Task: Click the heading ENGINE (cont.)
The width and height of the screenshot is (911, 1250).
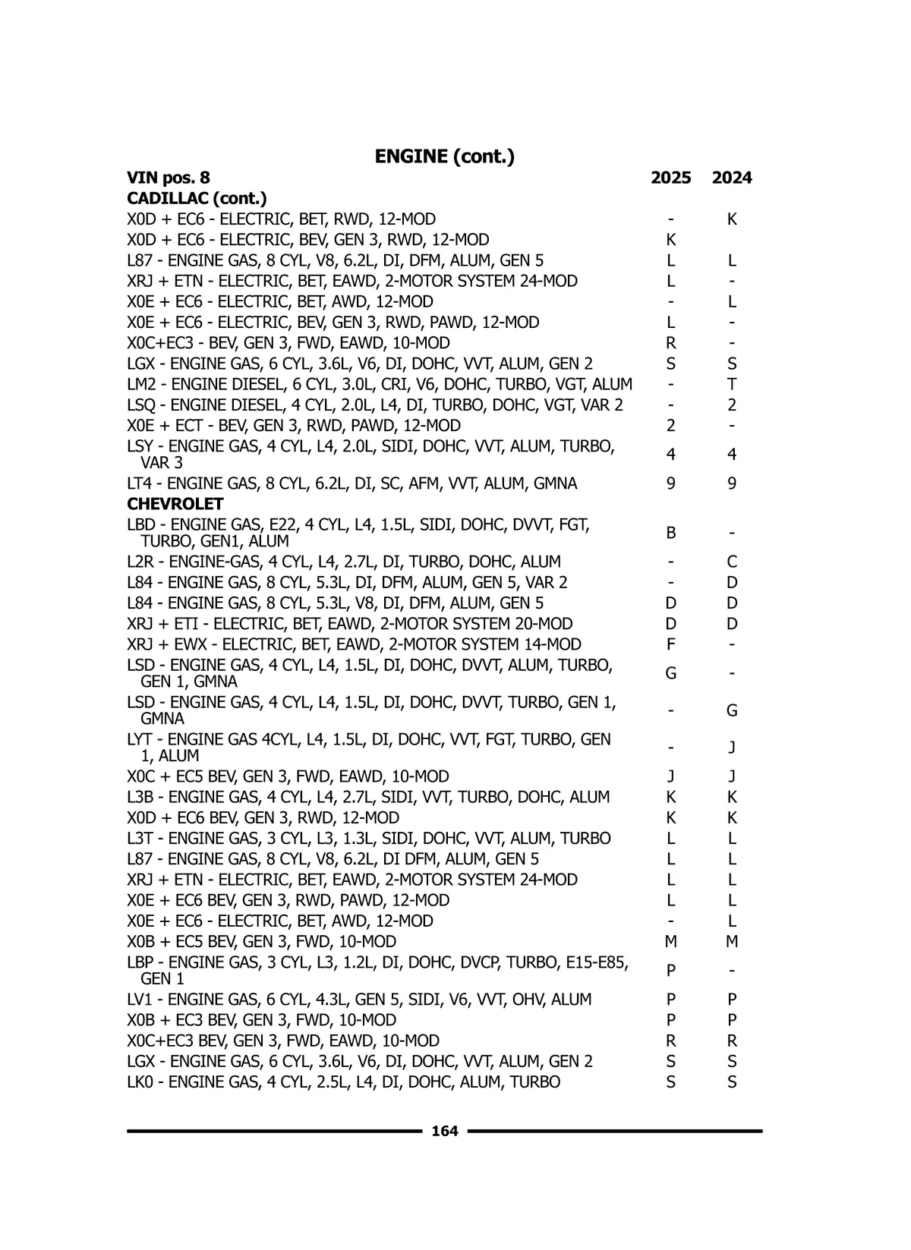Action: pos(444,157)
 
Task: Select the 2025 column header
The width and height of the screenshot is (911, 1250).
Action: pos(670,178)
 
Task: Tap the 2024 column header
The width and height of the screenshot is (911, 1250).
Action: pos(732,178)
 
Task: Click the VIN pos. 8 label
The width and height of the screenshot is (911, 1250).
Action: pos(169,178)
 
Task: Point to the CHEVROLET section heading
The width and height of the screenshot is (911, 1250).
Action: pos(175,505)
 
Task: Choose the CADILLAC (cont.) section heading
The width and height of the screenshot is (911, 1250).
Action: pos(197,199)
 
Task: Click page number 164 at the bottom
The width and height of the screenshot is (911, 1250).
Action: pos(444,1132)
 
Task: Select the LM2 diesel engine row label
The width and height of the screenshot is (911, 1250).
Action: pos(380,385)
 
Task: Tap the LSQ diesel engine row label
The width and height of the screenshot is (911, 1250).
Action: pos(375,405)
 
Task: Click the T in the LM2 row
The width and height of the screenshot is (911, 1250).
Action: pos(732,385)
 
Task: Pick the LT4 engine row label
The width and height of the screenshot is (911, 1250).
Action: pos(352,484)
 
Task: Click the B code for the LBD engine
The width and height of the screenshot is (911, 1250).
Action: pos(670,534)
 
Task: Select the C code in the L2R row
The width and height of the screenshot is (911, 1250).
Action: pos(732,562)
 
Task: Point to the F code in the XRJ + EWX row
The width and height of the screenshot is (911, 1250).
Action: pos(670,645)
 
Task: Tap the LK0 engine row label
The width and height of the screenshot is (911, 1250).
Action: pos(344,1082)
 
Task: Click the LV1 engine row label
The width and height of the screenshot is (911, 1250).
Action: pos(359,1000)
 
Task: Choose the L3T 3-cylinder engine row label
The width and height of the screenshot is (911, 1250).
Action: pos(369,839)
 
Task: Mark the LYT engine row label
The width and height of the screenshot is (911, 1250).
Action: pos(369,748)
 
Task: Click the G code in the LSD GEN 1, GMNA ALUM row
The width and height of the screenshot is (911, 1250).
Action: pos(670,674)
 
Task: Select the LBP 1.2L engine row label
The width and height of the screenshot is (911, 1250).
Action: pos(377,971)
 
